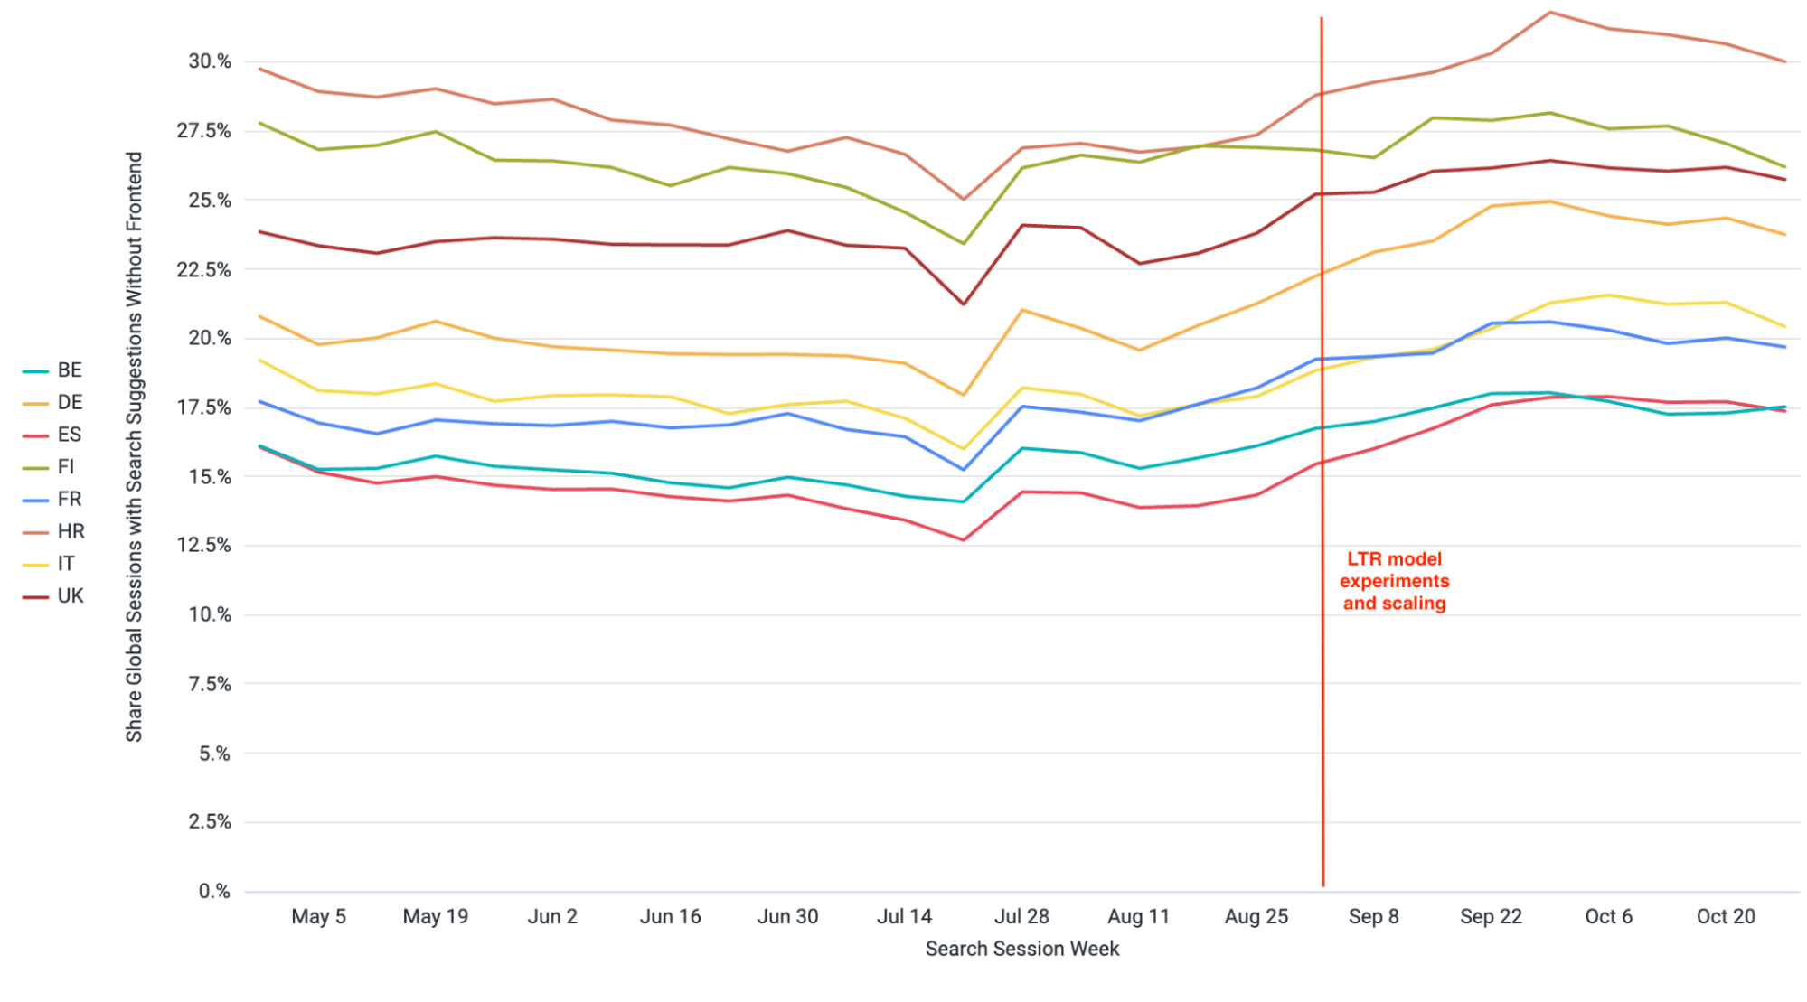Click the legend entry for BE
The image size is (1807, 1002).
(53, 370)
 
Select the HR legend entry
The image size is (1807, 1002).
(54, 531)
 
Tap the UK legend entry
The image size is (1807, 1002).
(54, 596)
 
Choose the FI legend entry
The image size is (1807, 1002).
(53, 467)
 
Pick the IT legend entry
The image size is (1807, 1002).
(53, 564)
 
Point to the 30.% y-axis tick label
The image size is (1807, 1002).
(210, 61)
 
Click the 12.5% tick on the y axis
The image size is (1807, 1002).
(205, 545)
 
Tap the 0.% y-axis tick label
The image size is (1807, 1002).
(215, 891)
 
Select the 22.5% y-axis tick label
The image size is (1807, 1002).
(205, 269)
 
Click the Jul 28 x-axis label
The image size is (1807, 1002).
(1021, 916)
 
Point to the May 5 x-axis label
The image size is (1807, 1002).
(318, 916)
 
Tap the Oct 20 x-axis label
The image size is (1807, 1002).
(1725, 916)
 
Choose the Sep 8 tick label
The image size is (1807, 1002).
(1373, 916)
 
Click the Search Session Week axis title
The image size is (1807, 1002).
(1021, 949)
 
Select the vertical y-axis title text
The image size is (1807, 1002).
(134, 447)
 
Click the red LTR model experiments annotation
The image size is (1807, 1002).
(1394, 581)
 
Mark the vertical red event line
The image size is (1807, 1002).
(1322, 723)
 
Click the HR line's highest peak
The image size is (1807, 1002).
(1550, 12)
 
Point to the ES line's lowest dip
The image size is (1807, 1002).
(964, 540)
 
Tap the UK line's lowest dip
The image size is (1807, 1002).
(964, 304)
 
